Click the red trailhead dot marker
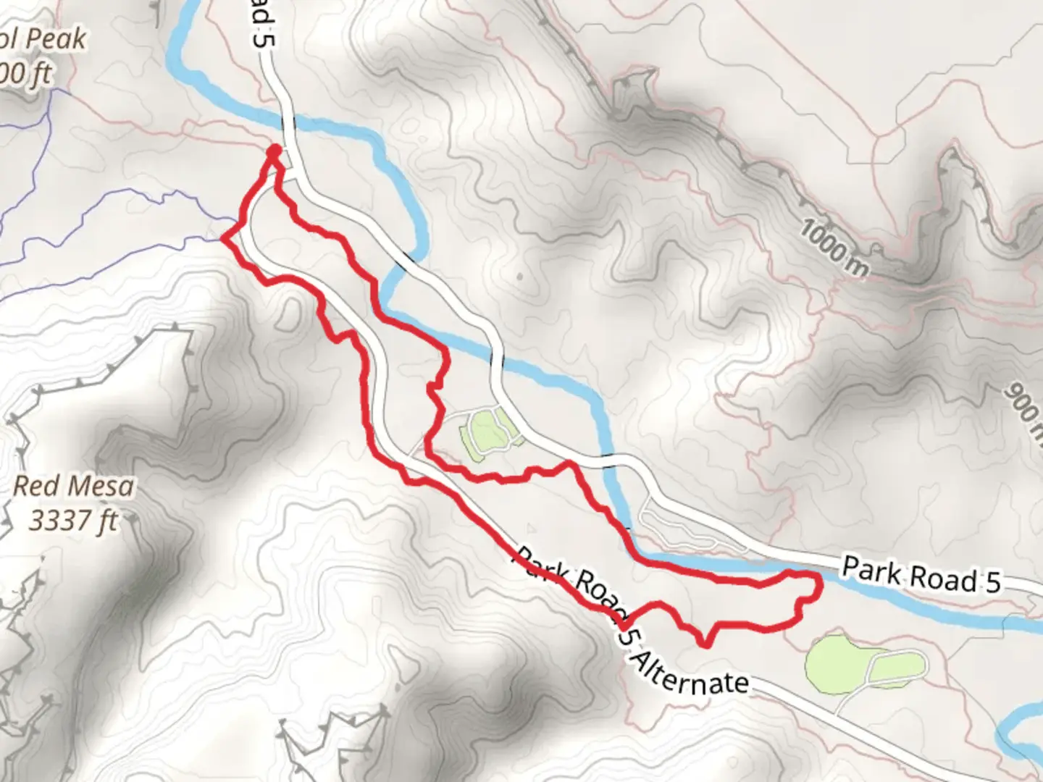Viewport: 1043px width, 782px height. pos(274,151)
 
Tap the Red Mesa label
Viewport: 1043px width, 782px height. pos(73,486)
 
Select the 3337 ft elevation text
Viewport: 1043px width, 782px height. pos(73,520)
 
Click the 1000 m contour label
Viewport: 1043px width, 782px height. pos(834,249)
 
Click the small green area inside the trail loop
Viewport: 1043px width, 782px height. pos(484,433)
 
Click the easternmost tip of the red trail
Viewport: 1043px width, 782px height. pos(821,584)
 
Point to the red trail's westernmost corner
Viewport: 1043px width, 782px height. pos(222,238)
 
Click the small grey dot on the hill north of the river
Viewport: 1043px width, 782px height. pos(519,276)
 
